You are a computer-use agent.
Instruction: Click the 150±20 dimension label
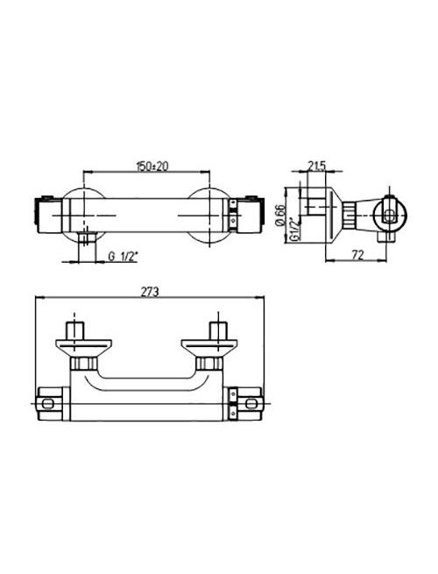(152, 167)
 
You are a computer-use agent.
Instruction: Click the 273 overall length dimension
(150, 292)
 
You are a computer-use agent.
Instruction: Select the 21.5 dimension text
(317, 167)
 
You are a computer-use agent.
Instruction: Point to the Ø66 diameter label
(280, 215)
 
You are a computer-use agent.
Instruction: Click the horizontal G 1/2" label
(124, 256)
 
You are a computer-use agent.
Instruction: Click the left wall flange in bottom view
(83, 348)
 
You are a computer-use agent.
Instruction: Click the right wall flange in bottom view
(209, 348)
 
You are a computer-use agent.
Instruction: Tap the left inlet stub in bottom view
(75, 330)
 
